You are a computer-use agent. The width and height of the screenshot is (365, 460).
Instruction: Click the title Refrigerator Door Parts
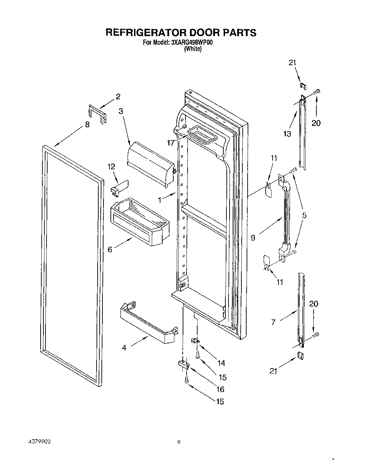tap(181, 32)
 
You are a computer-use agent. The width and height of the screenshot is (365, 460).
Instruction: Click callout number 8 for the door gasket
tap(87, 125)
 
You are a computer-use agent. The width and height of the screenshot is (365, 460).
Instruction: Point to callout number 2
tap(118, 96)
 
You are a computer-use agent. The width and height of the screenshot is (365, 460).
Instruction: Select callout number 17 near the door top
tap(170, 143)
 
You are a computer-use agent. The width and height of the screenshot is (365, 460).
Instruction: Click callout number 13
tap(287, 134)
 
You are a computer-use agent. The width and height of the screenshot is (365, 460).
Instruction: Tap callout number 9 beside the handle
tap(253, 238)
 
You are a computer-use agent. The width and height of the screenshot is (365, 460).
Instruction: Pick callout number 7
tap(273, 322)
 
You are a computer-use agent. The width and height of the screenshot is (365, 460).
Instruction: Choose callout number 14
tap(221, 363)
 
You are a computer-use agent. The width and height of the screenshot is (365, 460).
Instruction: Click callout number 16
tap(220, 389)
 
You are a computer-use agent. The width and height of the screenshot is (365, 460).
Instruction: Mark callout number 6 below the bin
tap(110, 249)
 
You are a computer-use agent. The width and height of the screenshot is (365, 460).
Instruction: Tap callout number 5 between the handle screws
tap(304, 215)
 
